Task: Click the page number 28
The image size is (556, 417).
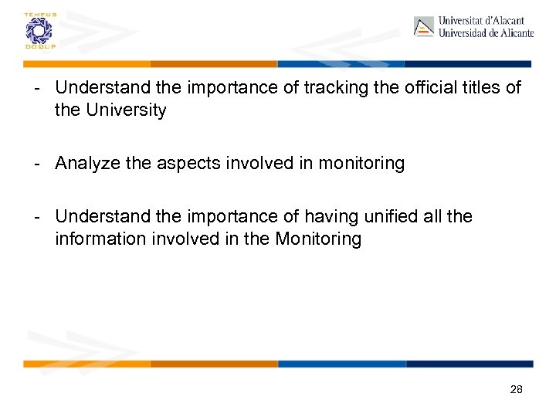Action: [517, 390]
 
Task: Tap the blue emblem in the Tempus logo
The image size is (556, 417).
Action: [36, 31]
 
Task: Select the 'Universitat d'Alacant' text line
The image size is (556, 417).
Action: [481, 21]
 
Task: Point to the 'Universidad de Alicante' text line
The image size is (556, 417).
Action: [486, 33]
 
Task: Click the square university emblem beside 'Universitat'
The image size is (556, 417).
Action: [424, 27]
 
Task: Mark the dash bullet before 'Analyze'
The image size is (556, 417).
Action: [36, 164]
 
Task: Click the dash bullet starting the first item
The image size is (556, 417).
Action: [36, 88]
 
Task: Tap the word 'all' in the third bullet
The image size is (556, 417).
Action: [442, 217]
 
